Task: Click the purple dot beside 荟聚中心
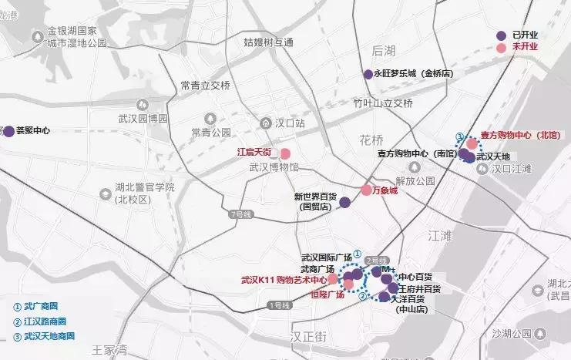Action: (x=8, y=131)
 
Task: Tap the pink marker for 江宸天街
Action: (x=285, y=153)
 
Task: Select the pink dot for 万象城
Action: (x=367, y=190)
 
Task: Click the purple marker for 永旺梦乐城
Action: (x=368, y=74)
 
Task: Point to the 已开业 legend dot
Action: (x=502, y=35)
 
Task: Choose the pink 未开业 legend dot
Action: (x=502, y=48)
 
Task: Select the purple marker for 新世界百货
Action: (x=345, y=202)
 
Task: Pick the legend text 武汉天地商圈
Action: (x=44, y=336)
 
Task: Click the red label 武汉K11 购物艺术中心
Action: (x=284, y=280)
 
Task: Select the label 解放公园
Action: (x=405, y=181)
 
